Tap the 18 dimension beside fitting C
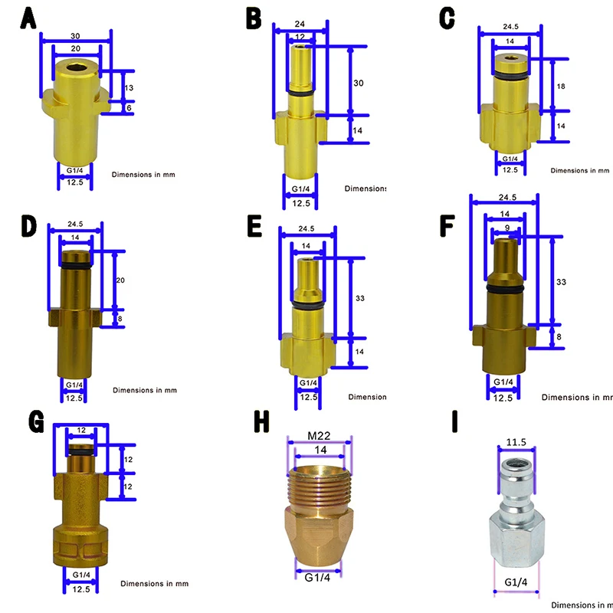click(561, 87)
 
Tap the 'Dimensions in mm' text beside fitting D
click(145, 390)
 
